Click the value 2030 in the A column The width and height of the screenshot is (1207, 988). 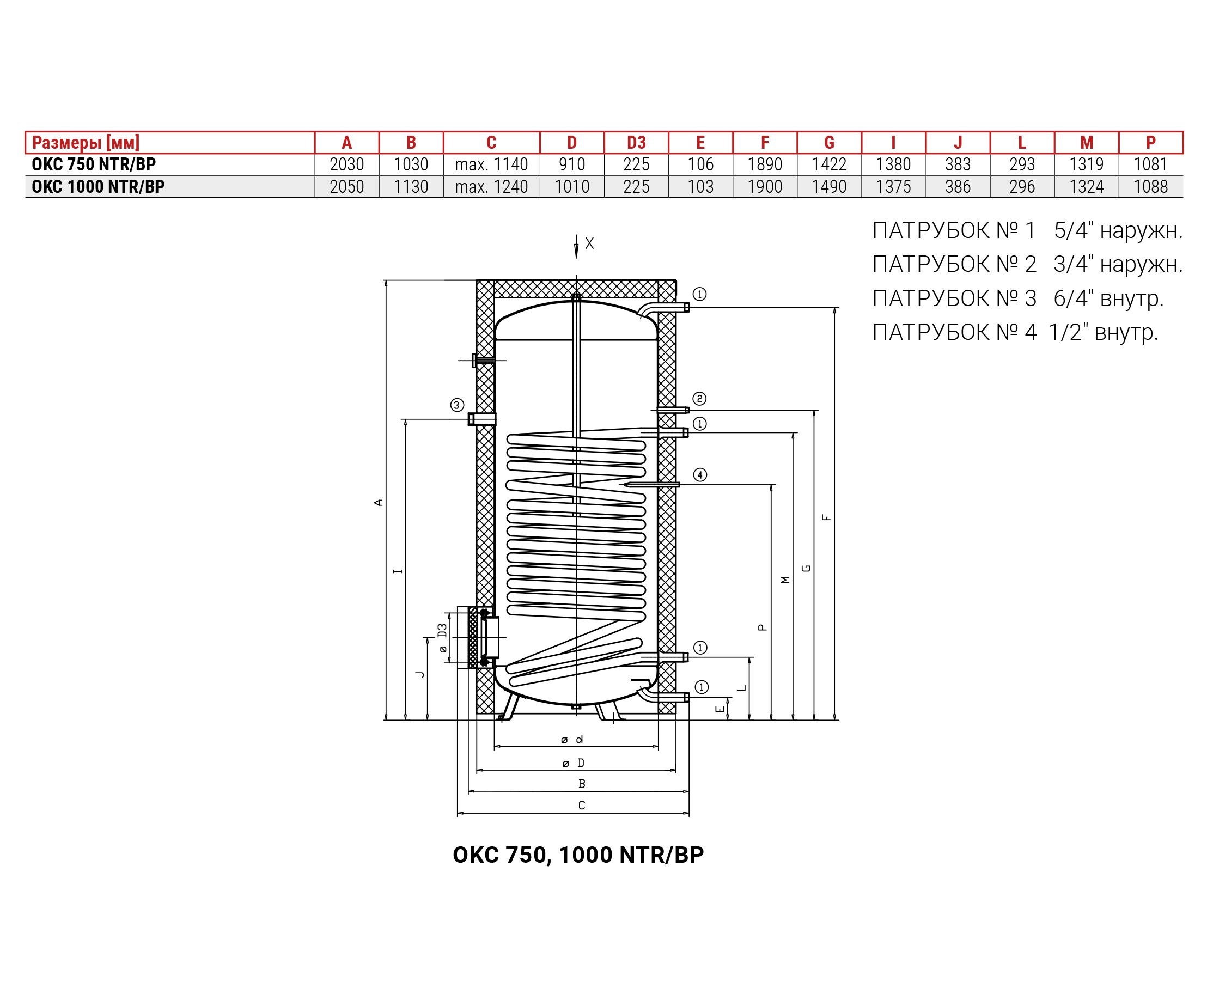(x=346, y=164)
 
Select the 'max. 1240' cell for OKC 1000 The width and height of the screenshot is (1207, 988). (x=491, y=187)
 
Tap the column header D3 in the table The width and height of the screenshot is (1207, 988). (x=636, y=142)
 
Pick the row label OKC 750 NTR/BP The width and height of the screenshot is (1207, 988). (x=94, y=164)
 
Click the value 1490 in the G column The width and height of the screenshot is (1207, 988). (x=829, y=187)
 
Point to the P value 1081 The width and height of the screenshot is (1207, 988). (x=1151, y=164)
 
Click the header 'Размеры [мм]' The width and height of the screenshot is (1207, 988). (x=86, y=142)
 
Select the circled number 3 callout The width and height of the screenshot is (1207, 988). (x=457, y=405)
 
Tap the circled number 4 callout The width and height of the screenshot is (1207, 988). (x=700, y=474)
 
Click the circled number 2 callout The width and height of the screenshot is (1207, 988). (x=699, y=398)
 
